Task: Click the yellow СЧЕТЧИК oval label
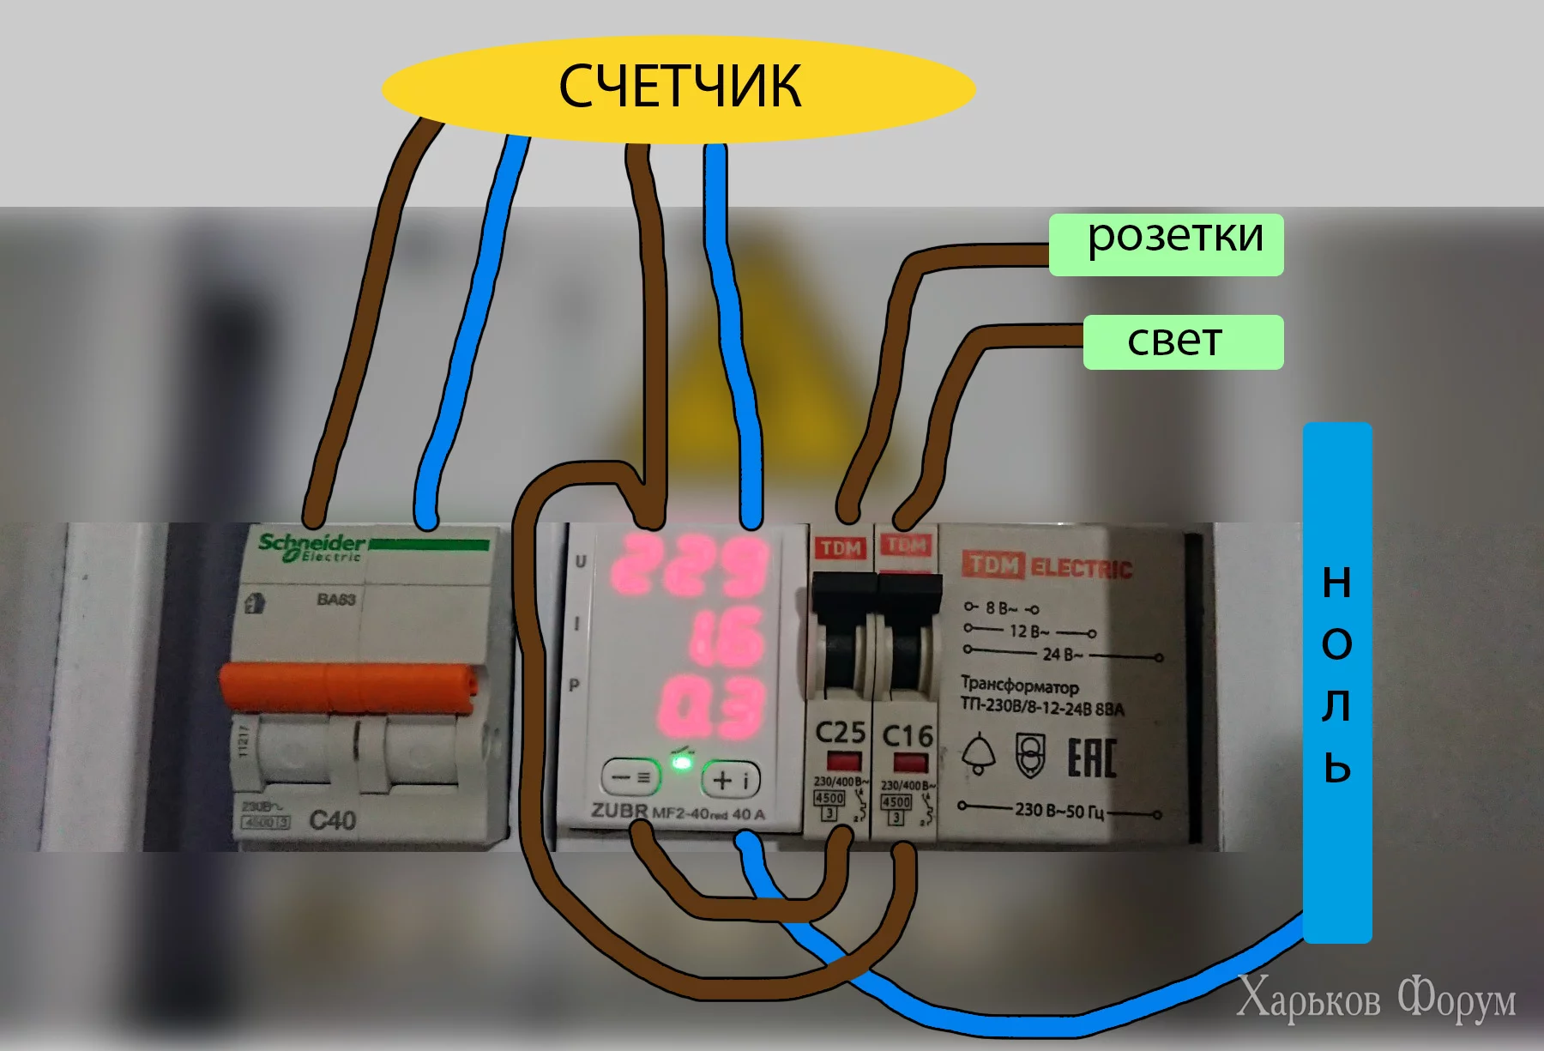(x=678, y=88)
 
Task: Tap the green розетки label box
(x=1167, y=245)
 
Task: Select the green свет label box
(x=1183, y=342)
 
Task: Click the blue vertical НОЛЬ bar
(x=1336, y=682)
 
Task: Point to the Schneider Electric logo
(x=311, y=547)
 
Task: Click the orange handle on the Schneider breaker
(x=347, y=688)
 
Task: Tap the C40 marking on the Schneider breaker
(x=332, y=820)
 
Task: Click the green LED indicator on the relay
(x=681, y=765)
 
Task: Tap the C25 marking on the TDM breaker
(x=840, y=733)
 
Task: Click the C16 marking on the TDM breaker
(x=907, y=735)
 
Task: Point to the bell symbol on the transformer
(x=978, y=754)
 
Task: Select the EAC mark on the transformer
(x=1091, y=758)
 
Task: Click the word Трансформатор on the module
(x=1019, y=686)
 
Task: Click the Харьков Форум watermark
(x=1376, y=999)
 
